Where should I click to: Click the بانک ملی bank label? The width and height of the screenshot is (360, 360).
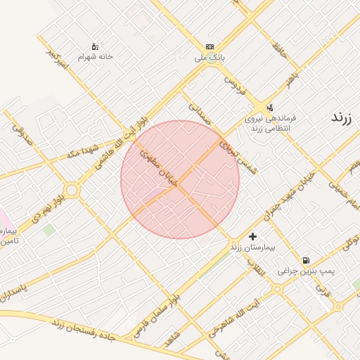coord(209,59)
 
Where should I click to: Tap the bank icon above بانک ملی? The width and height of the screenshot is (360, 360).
coord(210,46)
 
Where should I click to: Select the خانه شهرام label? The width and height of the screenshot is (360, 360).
coord(96,56)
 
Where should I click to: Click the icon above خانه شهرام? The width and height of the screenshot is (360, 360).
coord(96,46)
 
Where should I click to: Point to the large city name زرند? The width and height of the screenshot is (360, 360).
coord(345,117)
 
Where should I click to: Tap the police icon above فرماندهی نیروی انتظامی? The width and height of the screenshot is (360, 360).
coord(270,108)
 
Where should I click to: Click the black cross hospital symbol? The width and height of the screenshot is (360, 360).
coord(253,236)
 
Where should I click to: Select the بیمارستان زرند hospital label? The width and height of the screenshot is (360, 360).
coord(255,247)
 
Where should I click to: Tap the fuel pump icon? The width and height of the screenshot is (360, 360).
coord(306,259)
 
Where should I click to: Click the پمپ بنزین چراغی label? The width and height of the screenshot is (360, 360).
coord(306,270)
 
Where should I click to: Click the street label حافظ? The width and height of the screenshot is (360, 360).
coord(281,49)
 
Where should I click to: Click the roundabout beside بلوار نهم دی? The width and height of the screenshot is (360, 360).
coord(71,190)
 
